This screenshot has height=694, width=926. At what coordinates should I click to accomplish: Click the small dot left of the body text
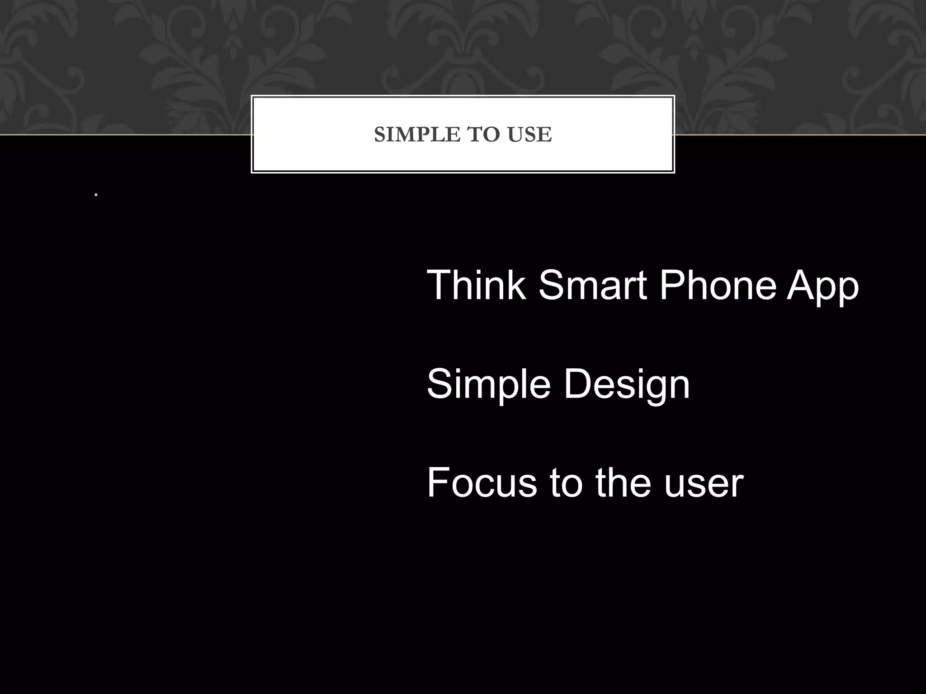(x=96, y=195)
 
